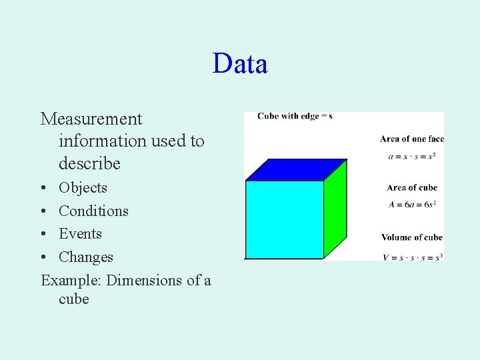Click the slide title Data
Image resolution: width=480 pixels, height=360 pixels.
pos(240,64)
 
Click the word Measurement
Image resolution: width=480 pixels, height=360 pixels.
pos(91,119)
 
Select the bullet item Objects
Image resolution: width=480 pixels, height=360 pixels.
pos(83,188)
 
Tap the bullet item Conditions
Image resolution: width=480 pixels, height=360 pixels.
pos(93,211)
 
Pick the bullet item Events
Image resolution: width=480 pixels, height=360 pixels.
pos(80,234)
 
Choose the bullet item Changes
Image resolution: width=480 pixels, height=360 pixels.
pos(86,257)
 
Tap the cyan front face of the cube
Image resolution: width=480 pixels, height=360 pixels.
pos(285,219)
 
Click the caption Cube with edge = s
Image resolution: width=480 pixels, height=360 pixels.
pos(295,116)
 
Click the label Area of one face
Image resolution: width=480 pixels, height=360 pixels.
pos(411,139)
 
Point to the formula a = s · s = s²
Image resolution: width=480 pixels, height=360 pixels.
pos(411,157)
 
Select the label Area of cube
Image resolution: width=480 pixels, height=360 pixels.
pos(411,188)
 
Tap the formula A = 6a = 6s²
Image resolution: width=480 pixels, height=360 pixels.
pos(411,205)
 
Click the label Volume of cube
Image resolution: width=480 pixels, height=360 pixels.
pos(411,237)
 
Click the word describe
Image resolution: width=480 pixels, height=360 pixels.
pos(89,163)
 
